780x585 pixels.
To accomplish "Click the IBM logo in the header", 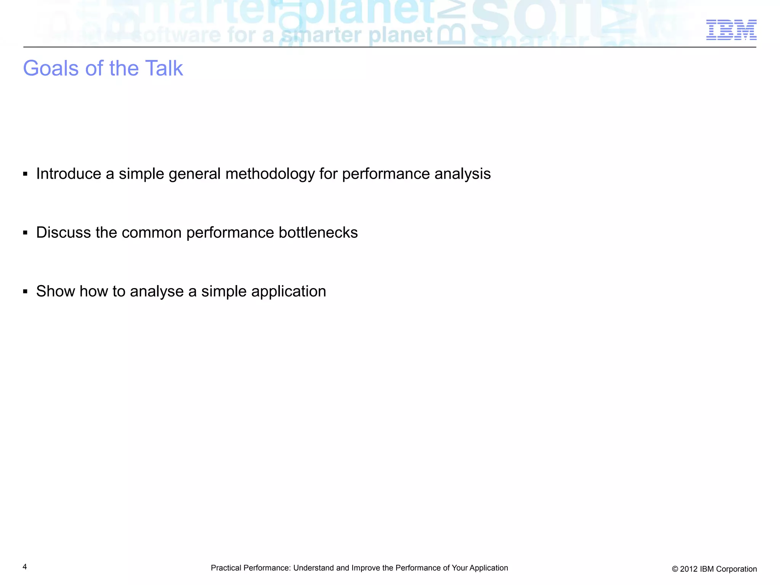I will (x=731, y=30).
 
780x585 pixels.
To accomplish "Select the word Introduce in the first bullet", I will (x=69, y=174).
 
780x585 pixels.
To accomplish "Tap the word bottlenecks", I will (x=318, y=232).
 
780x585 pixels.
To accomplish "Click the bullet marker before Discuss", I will (x=25, y=233).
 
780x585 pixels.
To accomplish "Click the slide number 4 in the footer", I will (x=25, y=567).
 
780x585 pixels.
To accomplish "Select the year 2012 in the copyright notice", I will (x=688, y=569).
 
